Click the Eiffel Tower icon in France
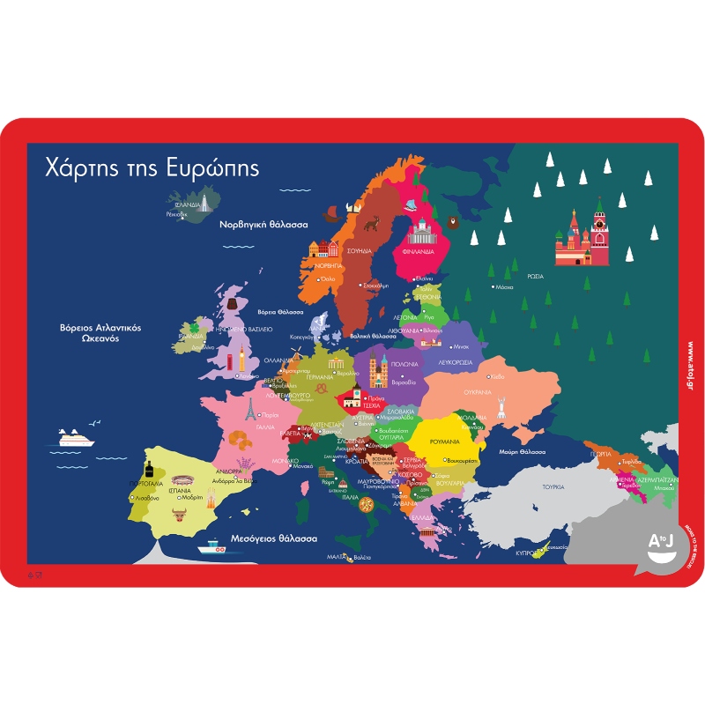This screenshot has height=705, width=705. (251, 407)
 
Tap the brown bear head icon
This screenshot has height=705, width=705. (453, 222)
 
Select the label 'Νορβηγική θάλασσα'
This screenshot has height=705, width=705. (263, 225)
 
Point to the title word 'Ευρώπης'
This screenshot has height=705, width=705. (212, 168)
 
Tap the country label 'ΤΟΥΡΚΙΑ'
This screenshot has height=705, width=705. (553, 486)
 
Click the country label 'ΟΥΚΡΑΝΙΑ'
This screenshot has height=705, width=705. (501, 391)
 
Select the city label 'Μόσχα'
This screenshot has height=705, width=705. (504, 287)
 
